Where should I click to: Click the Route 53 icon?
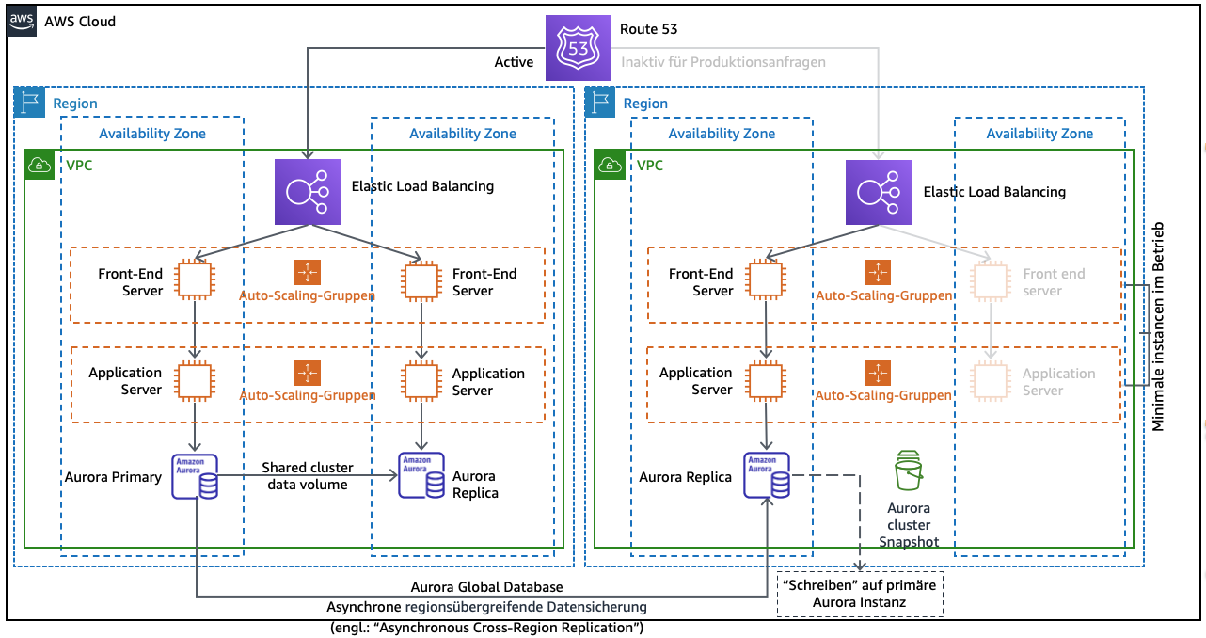tap(578, 48)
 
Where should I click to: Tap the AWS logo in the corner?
tap(24, 22)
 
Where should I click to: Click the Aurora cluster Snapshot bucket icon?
tap(908, 471)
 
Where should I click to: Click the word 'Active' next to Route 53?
tap(514, 62)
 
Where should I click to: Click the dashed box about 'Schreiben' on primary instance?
tap(860, 595)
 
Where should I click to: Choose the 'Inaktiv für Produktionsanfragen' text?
tap(722, 62)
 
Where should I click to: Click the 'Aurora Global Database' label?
tap(493, 588)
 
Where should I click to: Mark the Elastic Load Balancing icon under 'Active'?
tap(307, 192)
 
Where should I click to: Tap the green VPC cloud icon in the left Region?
tap(40, 165)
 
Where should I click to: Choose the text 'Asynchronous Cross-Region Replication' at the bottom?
tap(485, 627)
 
